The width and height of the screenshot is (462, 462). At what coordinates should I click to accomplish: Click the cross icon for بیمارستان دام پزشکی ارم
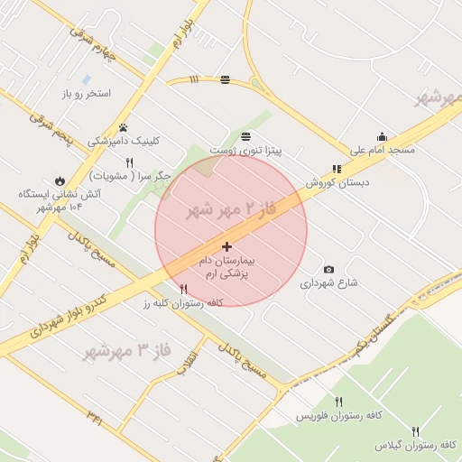[226, 246]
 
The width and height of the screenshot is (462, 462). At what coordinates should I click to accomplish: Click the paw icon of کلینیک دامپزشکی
[123, 127]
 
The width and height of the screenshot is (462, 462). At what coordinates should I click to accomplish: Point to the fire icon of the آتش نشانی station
[60, 180]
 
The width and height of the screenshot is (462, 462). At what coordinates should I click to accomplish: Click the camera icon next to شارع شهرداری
[328, 269]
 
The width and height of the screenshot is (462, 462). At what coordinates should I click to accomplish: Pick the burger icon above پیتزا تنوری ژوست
[224, 80]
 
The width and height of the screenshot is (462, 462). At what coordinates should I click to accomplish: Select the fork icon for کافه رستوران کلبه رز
[184, 289]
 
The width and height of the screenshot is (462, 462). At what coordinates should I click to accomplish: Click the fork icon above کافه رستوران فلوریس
[338, 402]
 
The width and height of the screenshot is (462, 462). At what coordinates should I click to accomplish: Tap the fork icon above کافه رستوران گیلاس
[416, 431]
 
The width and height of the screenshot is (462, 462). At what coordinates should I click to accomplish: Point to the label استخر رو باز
[86, 94]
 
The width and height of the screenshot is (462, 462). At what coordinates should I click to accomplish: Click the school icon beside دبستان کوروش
[337, 168]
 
